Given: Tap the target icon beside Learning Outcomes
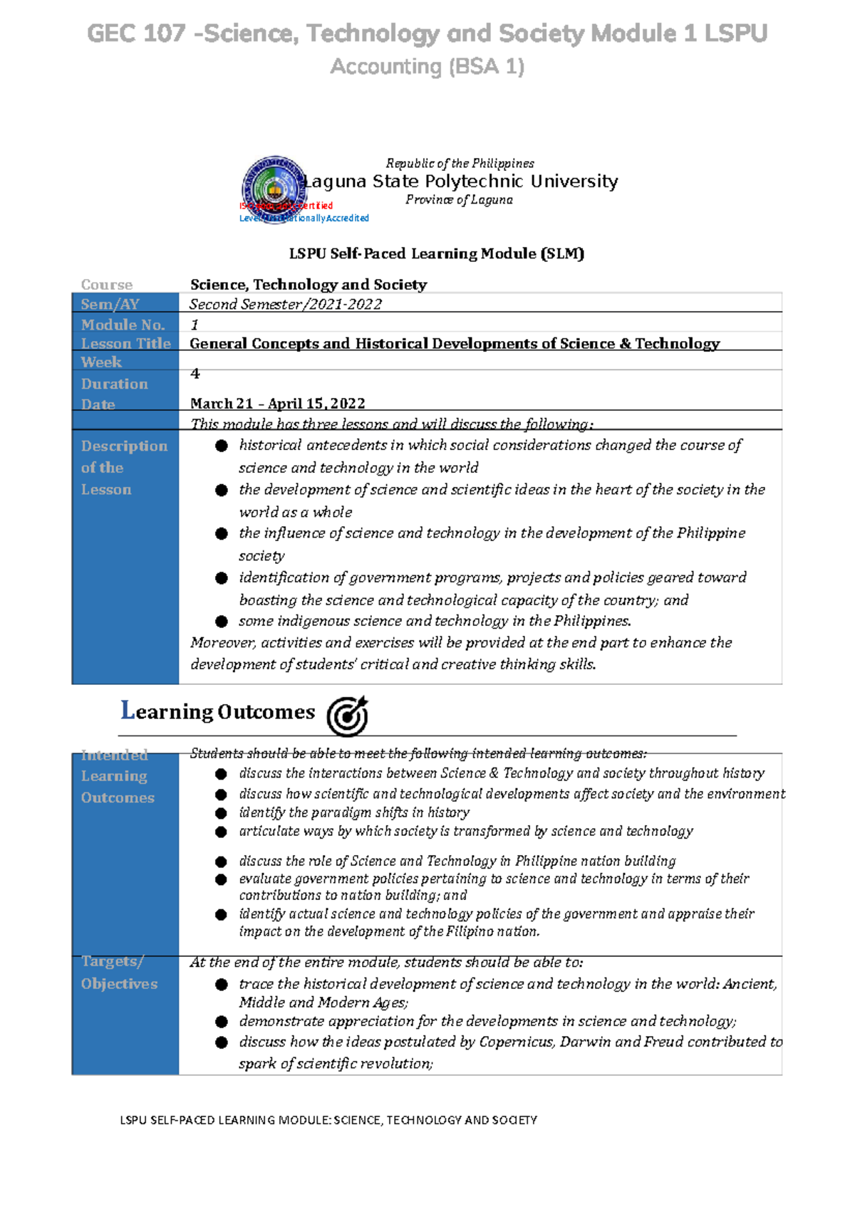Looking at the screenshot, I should click(347, 715).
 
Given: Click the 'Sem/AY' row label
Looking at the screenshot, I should click(110, 304).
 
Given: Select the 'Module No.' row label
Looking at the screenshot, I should click(123, 325).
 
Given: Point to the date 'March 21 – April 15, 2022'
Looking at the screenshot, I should click(277, 404).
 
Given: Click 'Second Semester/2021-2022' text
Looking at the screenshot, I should click(285, 305).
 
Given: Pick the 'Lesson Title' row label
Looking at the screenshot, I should click(125, 343).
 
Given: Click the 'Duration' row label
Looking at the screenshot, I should click(114, 384).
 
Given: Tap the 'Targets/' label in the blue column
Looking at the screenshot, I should click(112, 961).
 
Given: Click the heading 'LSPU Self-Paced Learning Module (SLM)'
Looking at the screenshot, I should click(436, 253).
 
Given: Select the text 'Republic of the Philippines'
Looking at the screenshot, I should click(460, 164).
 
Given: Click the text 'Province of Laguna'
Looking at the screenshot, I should click(459, 200).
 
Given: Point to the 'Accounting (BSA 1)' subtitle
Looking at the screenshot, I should click(427, 67).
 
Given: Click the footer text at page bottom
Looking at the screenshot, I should click(328, 1120).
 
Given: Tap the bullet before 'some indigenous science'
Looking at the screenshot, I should click(222, 622).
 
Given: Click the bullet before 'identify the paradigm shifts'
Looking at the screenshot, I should click(222, 813).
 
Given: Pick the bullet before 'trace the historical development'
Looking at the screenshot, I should click(222, 985).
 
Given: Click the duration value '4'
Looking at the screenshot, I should click(195, 374).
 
